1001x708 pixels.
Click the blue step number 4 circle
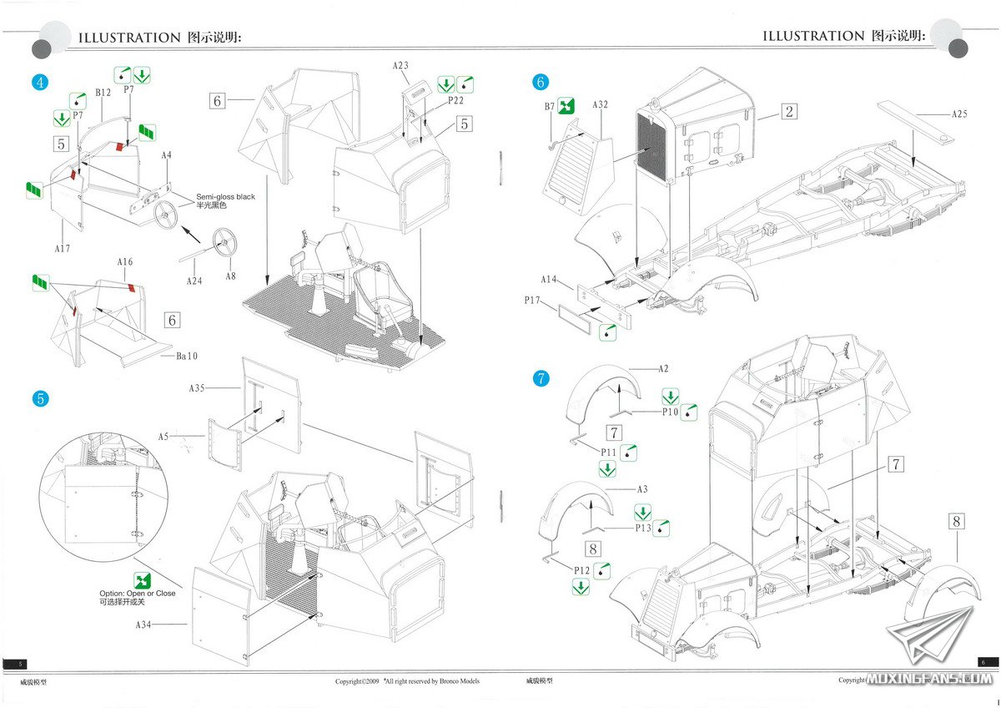[39, 82]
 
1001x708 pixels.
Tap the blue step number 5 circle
[39, 398]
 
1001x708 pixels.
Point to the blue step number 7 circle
[541, 379]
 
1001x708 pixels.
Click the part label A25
[958, 114]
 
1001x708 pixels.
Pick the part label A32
[601, 105]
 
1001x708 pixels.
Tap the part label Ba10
[187, 357]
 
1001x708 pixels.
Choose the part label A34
[150, 624]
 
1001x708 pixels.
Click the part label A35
[196, 388]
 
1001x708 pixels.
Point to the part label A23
[400, 65]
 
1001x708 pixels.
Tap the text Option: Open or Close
[138, 594]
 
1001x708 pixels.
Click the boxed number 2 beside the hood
[789, 111]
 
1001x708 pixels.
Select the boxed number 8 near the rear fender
[956, 522]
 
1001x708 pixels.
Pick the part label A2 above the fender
[663, 368]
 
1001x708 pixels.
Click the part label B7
[550, 106]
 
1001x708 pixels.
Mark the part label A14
[548, 279]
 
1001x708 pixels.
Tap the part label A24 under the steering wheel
[194, 281]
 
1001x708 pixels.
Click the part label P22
[455, 100]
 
